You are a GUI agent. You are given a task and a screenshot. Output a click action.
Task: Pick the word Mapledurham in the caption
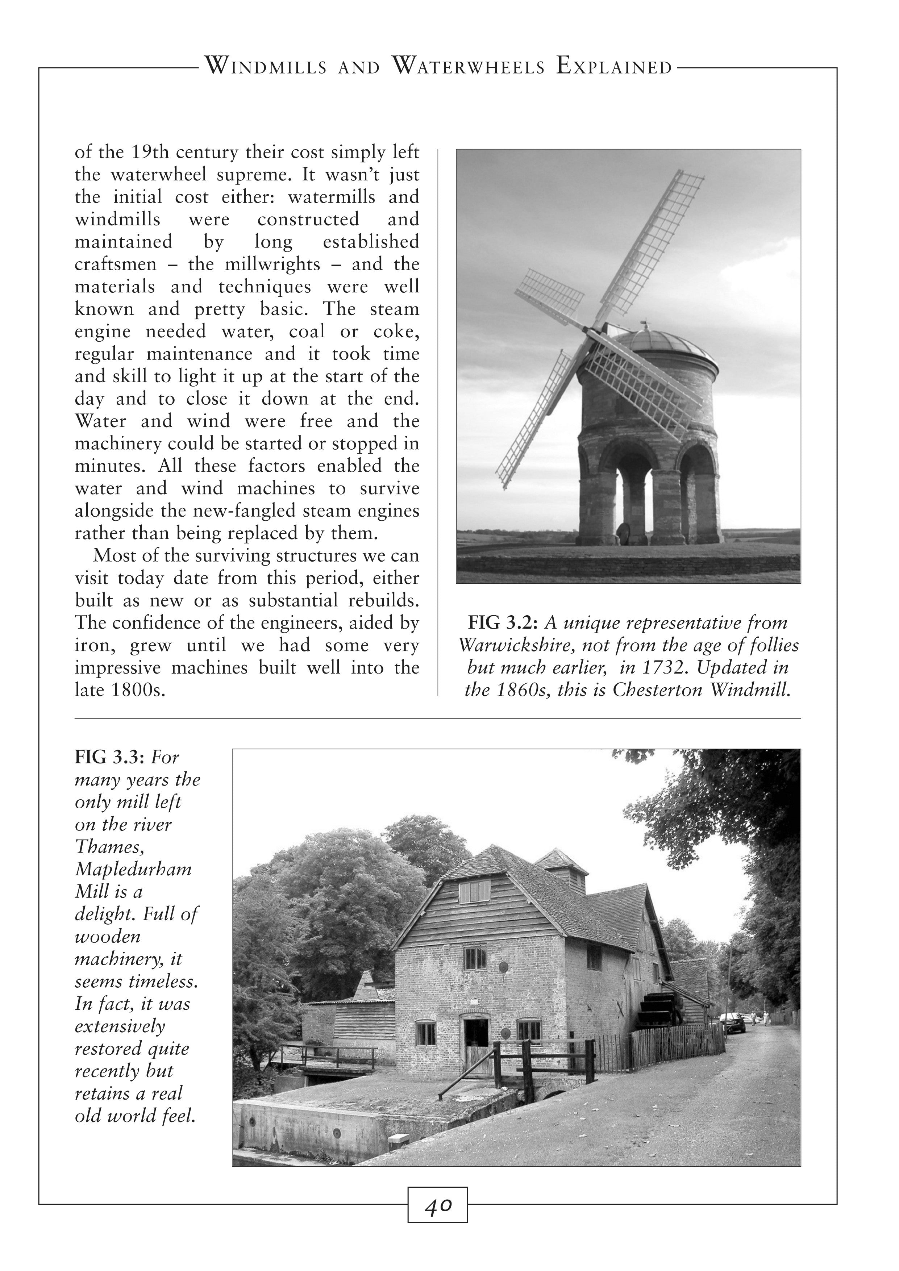[x=133, y=869]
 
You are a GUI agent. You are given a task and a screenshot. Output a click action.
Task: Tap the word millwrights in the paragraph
[x=272, y=264]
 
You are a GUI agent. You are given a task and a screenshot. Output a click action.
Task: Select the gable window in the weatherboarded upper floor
[x=474, y=892]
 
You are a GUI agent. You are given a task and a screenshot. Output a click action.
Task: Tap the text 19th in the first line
[x=149, y=152]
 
